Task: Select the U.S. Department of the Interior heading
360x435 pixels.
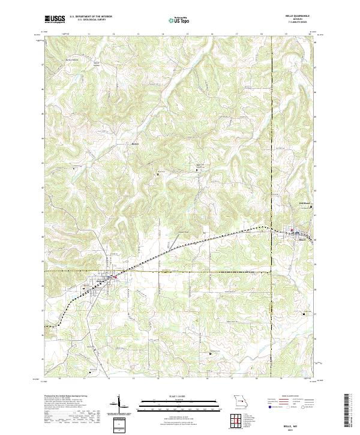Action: [94, 17]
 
